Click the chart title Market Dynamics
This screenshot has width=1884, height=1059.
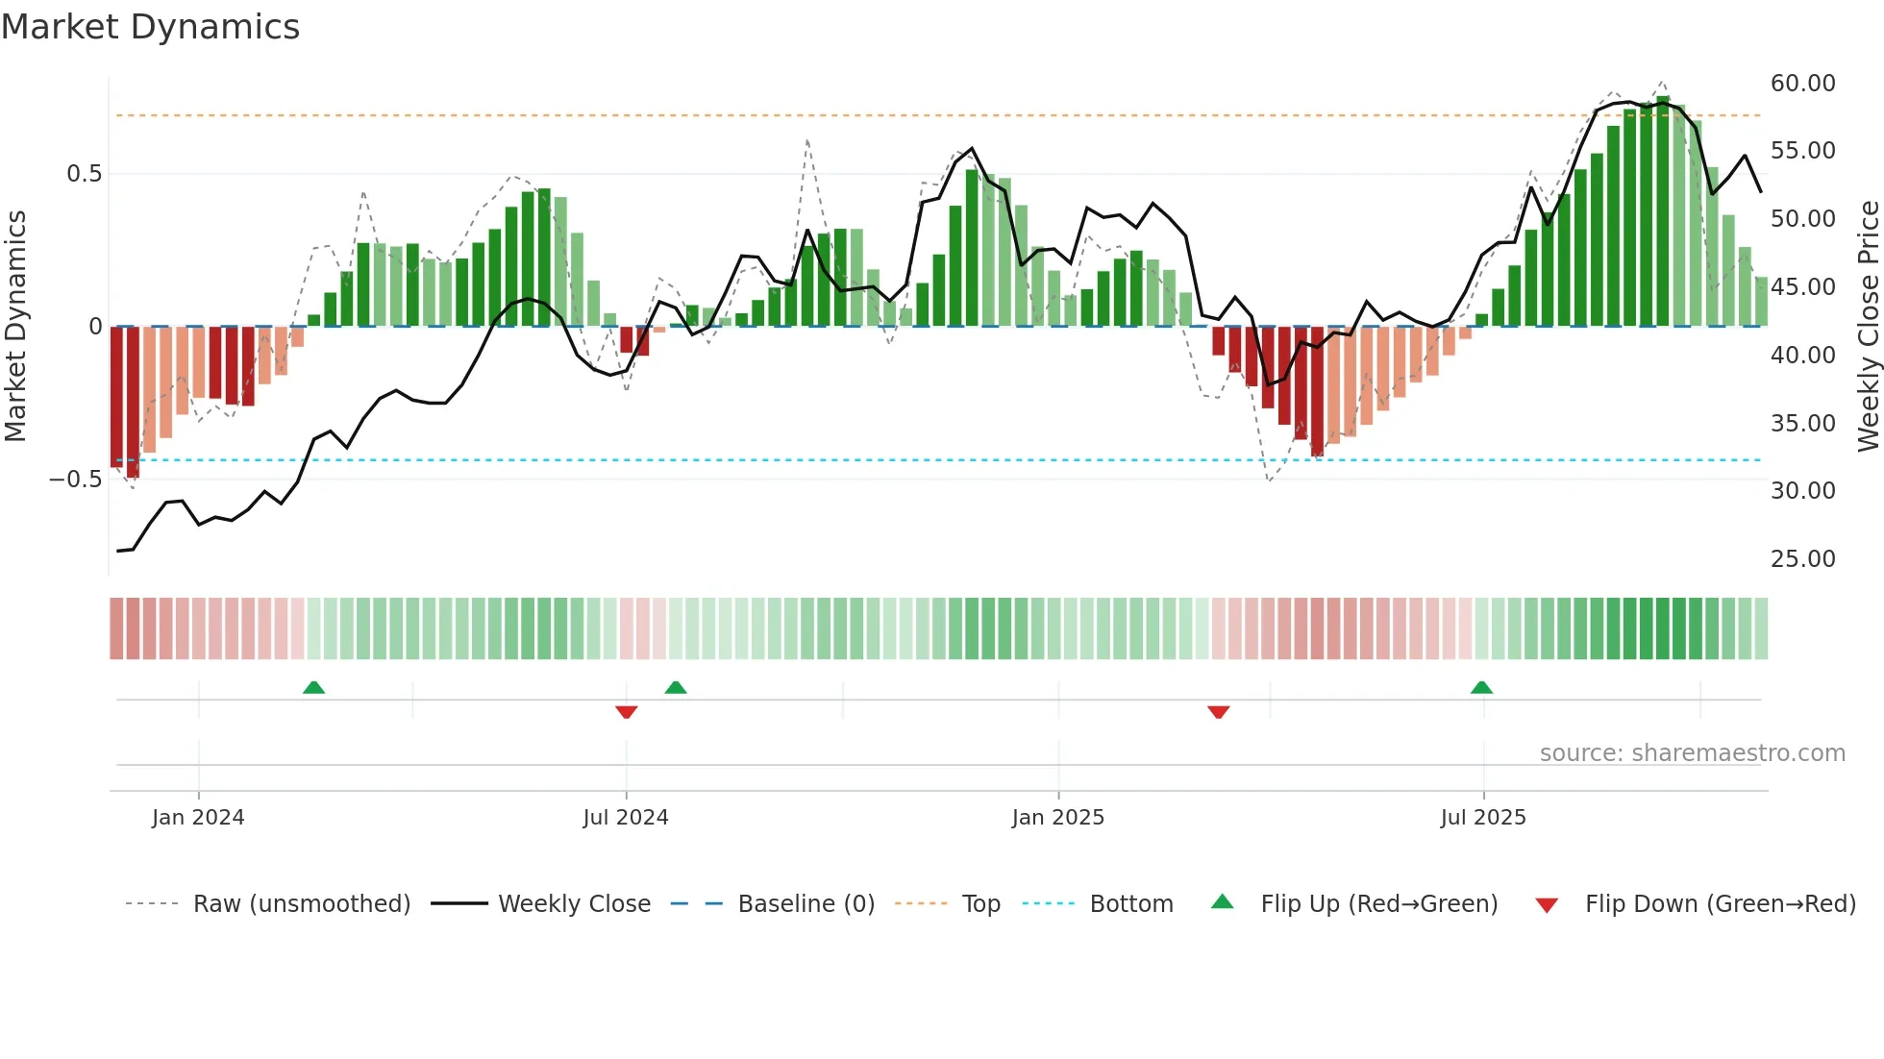(x=151, y=27)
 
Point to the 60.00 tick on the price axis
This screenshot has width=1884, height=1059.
(x=1802, y=84)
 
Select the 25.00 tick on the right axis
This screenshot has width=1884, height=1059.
(x=1802, y=559)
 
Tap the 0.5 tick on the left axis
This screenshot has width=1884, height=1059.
(x=84, y=174)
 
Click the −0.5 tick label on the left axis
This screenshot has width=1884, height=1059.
(x=76, y=480)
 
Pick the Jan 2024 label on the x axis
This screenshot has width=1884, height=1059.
(x=198, y=818)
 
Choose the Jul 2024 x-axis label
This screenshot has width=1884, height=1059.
(x=626, y=818)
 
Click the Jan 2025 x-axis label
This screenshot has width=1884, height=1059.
(x=1058, y=818)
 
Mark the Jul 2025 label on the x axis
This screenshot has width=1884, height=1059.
(x=1483, y=818)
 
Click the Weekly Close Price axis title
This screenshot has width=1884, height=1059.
(x=1868, y=327)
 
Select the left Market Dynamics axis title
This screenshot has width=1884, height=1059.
(x=15, y=327)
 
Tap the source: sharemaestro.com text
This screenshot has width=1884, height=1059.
(x=1692, y=753)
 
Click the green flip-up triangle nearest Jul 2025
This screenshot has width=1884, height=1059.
(x=1481, y=687)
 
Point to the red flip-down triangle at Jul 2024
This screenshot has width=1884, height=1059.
(x=627, y=712)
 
